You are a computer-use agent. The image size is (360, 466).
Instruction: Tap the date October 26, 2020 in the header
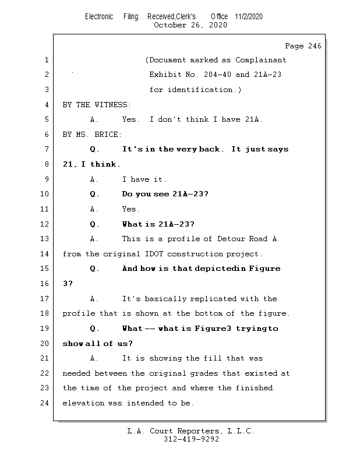tap(190, 25)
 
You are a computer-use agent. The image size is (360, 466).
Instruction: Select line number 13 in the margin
tap(45, 239)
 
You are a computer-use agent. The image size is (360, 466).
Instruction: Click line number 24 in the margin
tap(45, 403)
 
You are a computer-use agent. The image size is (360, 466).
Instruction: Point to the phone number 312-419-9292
tap(191, 440)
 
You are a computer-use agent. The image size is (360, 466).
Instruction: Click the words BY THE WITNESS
tap(96, 105)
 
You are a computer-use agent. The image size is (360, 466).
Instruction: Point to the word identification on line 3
tap(204, 90)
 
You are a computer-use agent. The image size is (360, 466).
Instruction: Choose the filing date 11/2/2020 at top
tap(249, 16)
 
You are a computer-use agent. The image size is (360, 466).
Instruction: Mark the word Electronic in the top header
tap(99, 16)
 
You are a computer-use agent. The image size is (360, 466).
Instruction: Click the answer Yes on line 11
tap(130, 209)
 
